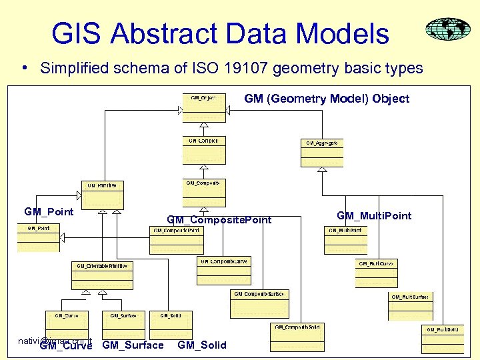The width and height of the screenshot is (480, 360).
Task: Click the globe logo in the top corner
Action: pos(448,30)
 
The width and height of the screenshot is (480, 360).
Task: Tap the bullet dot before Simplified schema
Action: pos(23,68)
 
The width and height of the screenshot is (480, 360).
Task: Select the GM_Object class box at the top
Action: pos(204,107)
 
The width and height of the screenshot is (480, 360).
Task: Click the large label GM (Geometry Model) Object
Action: pos(327,99)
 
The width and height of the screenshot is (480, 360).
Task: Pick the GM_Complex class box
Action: pos(204,150)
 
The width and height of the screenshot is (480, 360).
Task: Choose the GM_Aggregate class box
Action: pos(321,152)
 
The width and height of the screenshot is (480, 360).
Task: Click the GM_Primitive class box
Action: pos(103,193)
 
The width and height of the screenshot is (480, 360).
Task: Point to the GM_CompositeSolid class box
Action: pos(298,336)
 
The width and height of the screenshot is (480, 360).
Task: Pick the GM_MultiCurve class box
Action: pos(377,273)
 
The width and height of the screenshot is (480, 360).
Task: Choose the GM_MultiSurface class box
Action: pos(410,305)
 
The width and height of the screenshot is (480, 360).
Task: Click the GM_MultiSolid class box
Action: pos(442,339)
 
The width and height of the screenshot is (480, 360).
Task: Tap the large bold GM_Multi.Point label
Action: pos(374,215)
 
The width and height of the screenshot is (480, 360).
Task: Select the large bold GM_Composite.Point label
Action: pos(219,219)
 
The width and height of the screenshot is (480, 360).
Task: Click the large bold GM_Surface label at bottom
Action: pos(133,345)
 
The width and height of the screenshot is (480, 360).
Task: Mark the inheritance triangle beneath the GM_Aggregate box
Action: pos(321,170)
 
